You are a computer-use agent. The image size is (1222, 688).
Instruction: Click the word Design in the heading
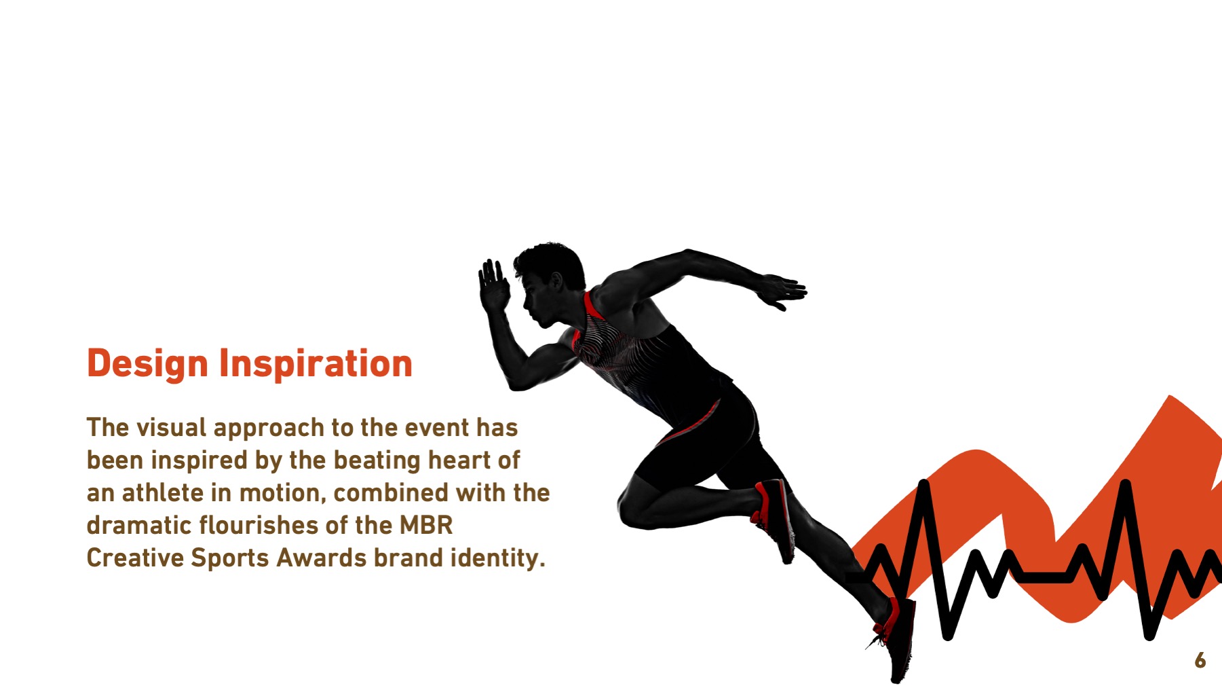point(147,364)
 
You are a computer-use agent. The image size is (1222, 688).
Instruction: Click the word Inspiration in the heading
point(316,364)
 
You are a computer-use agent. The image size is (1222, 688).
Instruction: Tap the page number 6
point(1200,660)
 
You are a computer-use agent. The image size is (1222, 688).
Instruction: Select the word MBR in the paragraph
point(426,525)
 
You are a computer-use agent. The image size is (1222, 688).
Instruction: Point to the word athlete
point(163,492)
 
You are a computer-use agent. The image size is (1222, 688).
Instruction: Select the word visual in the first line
point(172,427)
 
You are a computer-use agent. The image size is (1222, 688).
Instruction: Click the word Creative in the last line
point(136,558)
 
